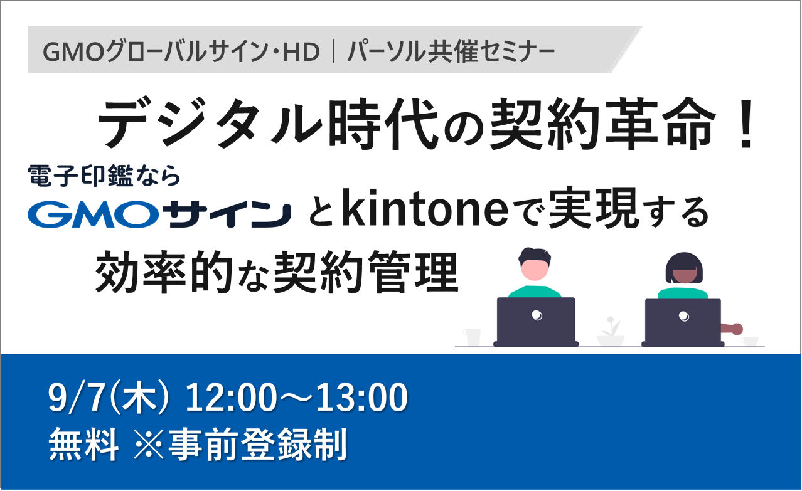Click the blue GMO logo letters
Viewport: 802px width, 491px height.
point(94,214)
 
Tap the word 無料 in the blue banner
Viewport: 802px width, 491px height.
point(84,445)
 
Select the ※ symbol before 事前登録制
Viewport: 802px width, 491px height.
point(148,445)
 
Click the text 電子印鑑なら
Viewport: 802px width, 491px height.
point(104,176)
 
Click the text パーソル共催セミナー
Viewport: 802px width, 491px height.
point(451,52)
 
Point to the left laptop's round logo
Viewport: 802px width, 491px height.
point(537,315)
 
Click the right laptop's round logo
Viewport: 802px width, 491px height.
point(684,316)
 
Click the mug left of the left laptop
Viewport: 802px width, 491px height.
point(471,337)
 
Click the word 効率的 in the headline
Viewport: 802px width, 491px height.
point(164,273)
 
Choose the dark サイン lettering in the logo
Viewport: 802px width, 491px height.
point(230,214)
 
